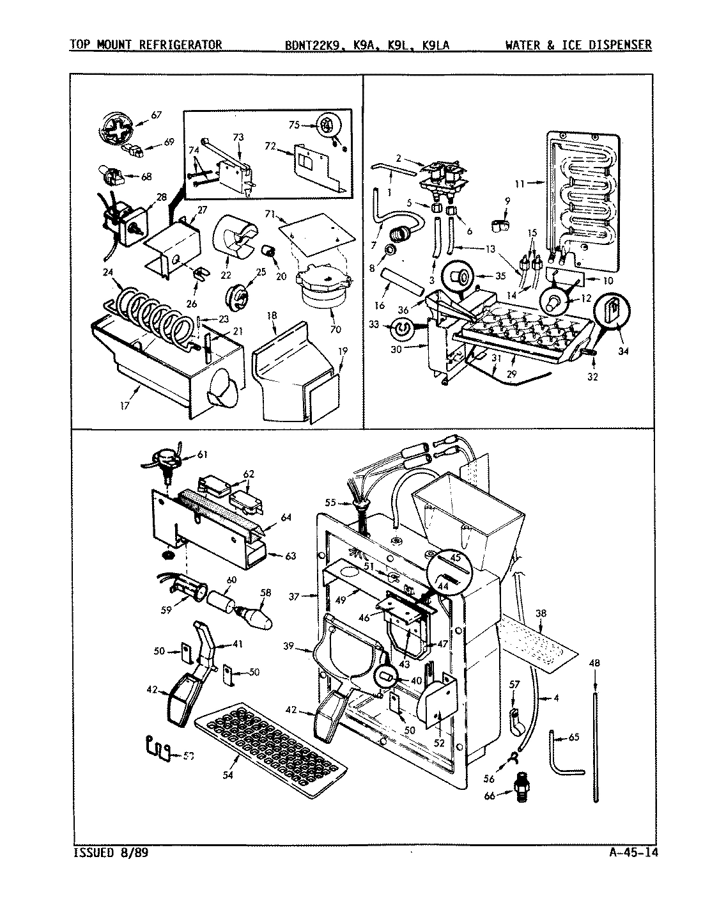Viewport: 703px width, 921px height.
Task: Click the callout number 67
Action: (x=157, y=115)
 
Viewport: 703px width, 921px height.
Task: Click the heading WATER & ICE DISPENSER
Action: (x=578, y=45)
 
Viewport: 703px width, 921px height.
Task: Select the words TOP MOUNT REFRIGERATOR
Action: (x=146, y=45)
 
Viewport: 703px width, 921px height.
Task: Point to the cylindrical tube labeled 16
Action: (x=401, y=282)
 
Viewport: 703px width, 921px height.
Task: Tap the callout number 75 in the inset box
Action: (x=294, y=125)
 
